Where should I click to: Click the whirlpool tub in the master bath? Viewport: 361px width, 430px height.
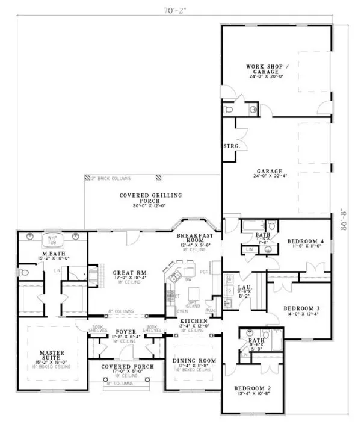click(48, 239)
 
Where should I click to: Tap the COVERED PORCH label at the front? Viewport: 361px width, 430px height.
click(127, 366)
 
